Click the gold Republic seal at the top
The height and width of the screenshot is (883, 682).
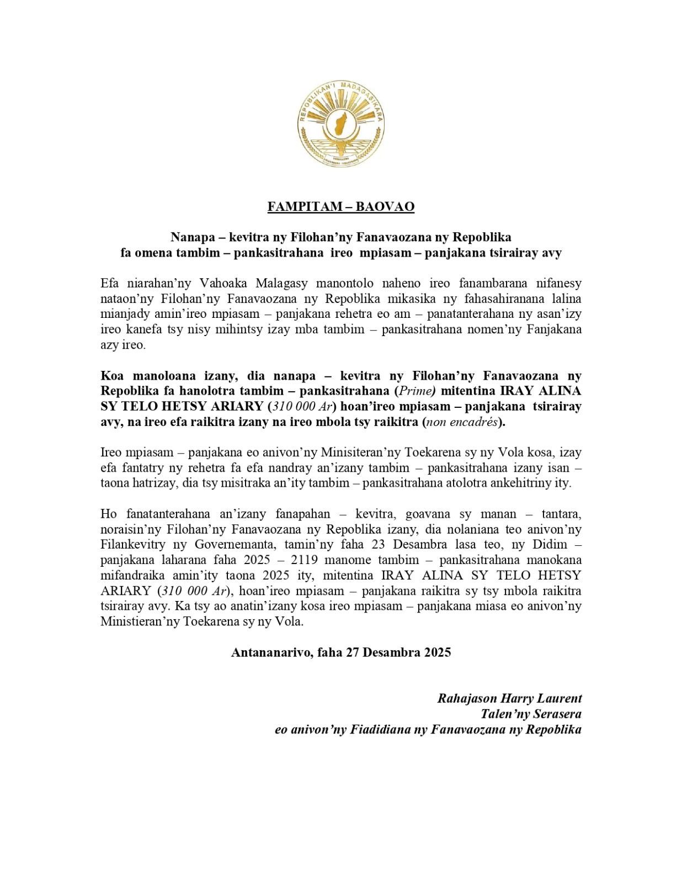click(x=340, y=125)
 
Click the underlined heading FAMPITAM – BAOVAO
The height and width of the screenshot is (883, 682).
click(x=340, y=206)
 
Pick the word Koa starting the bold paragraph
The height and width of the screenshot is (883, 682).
click(x=113, y=376)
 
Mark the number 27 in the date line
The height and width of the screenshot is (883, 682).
click(x=353, y=652)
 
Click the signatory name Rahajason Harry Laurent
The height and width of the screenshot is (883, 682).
click(x=509, y=699)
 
